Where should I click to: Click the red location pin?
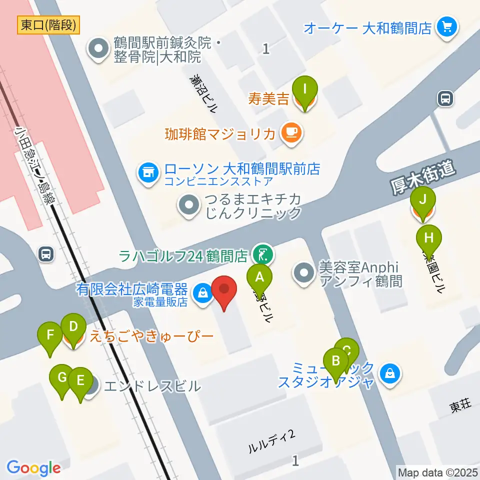[224, 290]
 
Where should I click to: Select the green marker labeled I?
[304, 90]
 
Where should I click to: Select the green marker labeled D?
[73, 328]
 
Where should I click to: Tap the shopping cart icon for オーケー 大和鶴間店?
[447, 26]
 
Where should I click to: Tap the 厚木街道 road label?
[423, 178]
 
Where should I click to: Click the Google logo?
[33, 468]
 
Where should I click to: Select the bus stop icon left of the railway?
[46, 254]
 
